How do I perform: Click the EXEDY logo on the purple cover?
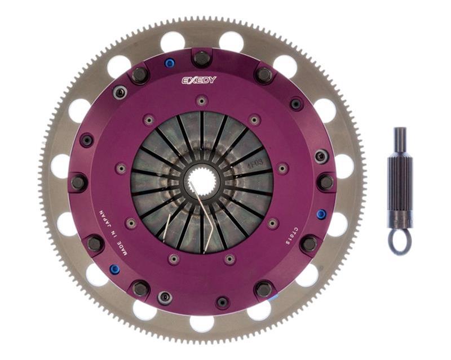click(x=198, y=80)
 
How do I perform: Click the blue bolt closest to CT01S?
click(x=321, y=214)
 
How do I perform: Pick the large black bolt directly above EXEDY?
click(x=201, y=58)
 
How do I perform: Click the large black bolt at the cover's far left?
click(x=79, y=183)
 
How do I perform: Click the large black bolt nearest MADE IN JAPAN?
click(x=95, y=243)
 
